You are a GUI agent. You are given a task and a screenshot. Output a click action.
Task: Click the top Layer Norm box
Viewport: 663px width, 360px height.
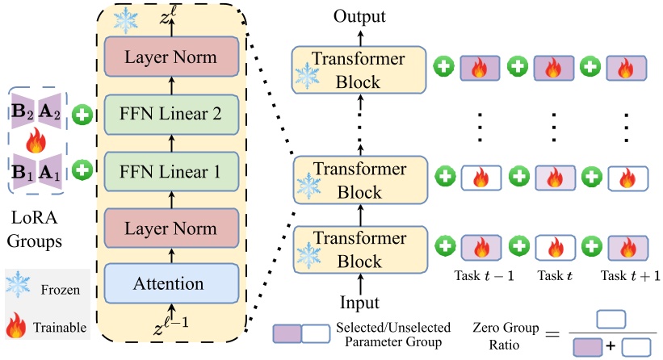[x=171, y=59]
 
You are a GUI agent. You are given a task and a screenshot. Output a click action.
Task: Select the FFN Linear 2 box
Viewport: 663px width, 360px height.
[x=171, y=115]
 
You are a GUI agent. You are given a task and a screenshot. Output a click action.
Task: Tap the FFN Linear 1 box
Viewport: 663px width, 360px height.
[x=171, y=171]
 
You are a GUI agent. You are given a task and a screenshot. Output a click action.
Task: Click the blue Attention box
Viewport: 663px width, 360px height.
[x=171, y=283]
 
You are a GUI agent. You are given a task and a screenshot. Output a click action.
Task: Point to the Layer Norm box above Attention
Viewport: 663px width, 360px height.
[x=171, y=228]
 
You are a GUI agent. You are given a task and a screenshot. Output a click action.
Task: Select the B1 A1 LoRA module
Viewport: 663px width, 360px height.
[x=37, y=171]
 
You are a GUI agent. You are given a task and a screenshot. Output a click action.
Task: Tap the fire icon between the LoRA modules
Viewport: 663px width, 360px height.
[x=36, y=143]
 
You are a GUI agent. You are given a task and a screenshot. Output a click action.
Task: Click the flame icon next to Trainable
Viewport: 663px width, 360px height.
[x=15, y=327]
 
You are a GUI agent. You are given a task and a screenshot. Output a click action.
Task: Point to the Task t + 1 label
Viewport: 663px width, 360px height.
[x=628, y=276]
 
